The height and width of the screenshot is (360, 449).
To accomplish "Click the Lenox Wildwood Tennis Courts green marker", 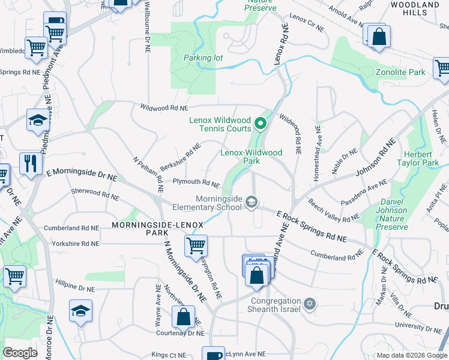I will [261, 124].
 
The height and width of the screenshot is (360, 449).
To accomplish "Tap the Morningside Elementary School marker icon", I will [252, 202].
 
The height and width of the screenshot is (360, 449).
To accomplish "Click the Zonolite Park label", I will [400, 72].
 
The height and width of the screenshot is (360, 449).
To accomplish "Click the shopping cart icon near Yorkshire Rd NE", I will [196, 245].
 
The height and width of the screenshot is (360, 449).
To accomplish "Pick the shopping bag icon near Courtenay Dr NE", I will [183, 316].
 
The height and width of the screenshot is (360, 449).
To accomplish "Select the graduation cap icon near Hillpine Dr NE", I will [80, 311].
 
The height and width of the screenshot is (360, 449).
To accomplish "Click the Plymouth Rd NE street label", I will [196, 182].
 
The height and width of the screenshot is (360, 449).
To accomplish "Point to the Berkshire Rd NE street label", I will [180, 157].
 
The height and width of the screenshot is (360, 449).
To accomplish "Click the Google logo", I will [20, 353].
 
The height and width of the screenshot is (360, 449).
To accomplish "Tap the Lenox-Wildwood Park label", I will [251, 157].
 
